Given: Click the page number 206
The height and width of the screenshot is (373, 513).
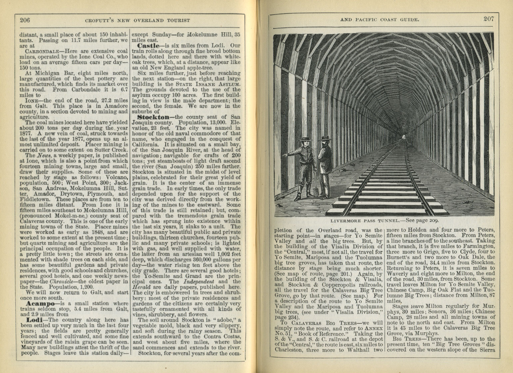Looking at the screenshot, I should coord(25,20).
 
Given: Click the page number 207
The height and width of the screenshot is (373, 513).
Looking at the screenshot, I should coord(489,19).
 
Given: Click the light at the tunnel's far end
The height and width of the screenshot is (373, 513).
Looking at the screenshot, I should coord(404,136).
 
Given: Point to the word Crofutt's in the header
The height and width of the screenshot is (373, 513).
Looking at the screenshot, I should coord(98,21).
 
